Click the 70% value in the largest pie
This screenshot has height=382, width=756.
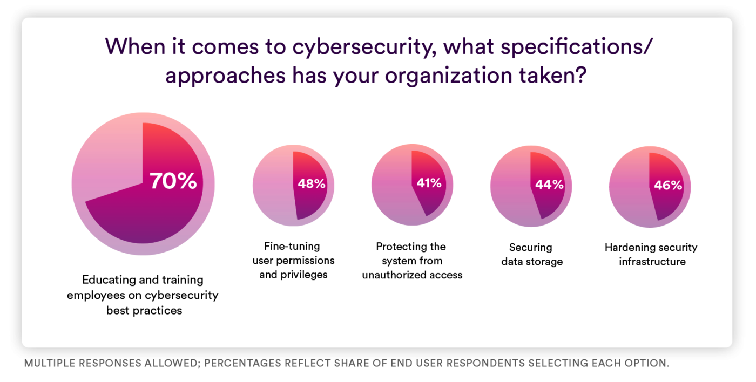point(173,181)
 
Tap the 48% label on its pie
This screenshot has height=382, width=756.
point(312,183)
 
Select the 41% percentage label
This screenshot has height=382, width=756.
point(429,183)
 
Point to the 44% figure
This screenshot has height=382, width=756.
point(549,185)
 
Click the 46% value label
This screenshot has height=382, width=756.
point(668,185)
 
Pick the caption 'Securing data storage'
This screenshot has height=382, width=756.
point(531,255)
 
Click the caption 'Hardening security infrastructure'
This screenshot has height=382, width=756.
point(651,255)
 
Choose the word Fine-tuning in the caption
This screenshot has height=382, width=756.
point(292,247)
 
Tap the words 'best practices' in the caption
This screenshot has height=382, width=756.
point(144,310)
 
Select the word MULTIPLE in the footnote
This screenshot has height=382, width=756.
point(50,363)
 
